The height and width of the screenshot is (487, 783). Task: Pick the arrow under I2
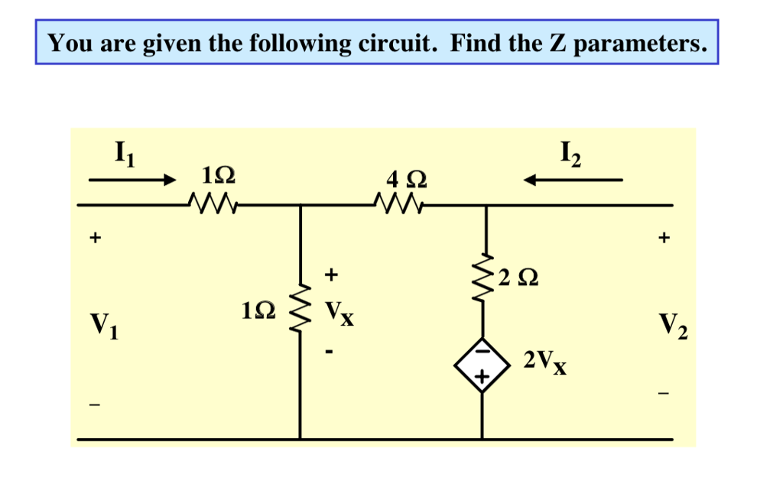pos(573,180)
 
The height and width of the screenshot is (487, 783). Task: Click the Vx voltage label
pos(339,312)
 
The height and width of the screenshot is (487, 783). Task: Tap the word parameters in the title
pos(639,44)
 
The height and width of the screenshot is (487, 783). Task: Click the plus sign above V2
pos(664,239)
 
